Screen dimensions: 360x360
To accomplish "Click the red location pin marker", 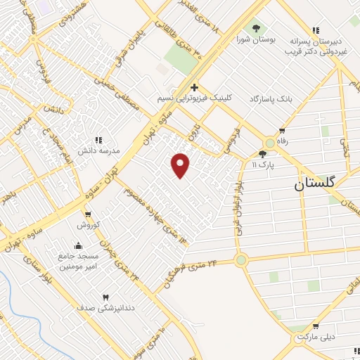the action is tap(181, 165).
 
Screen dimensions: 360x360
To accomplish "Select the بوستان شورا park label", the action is tap(254, 39).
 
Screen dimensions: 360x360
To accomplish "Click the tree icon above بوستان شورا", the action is tap(255, 28).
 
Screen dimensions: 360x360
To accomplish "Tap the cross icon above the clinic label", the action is tap(193, 88).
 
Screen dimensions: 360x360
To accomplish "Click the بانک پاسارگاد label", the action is tap(270, 99).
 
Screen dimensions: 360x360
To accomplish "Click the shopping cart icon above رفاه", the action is tap(282, 131).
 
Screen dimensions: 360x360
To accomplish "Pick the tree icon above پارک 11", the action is tap(263, 153).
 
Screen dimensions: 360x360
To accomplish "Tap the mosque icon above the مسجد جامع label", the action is tap(77, 246).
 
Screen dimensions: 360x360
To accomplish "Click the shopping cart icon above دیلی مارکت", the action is tap(315, 326).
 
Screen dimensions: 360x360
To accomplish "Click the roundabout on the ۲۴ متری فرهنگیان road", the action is tap(241, 260).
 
